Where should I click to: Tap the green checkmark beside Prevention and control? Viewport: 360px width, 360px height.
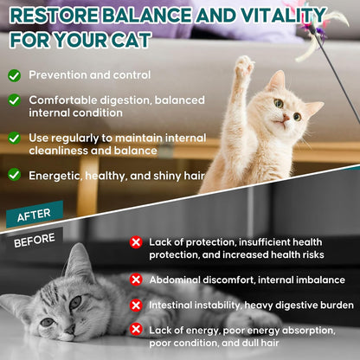(x=14, y=75)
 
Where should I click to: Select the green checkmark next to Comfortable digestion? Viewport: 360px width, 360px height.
(x=14, y=100)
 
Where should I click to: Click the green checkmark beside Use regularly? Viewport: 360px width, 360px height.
(x=14, y=138)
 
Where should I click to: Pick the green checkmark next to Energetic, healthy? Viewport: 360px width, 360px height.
(x=14, y=174)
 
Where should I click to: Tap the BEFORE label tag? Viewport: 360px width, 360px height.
(x=35, y=239)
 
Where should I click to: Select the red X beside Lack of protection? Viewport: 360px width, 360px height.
(x=136, y=242)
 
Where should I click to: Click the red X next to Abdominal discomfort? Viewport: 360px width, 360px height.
(x=136, y=280)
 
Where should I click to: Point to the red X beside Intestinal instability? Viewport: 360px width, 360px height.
(x=136, y=305)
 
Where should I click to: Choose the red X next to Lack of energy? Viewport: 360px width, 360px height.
(x=136, y=330)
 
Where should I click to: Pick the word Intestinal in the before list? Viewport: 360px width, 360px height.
(x=174, y=305)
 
